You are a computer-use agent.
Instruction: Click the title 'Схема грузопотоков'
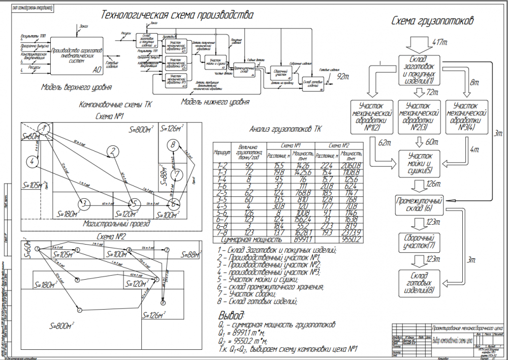pos(433,21)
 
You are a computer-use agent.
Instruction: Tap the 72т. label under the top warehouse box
pos(432,93)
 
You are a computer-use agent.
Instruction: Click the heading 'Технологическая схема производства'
pos(177,14)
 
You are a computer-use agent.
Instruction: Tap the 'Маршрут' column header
pos(223,152)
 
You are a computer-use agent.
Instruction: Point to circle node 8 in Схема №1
pos(174,144)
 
